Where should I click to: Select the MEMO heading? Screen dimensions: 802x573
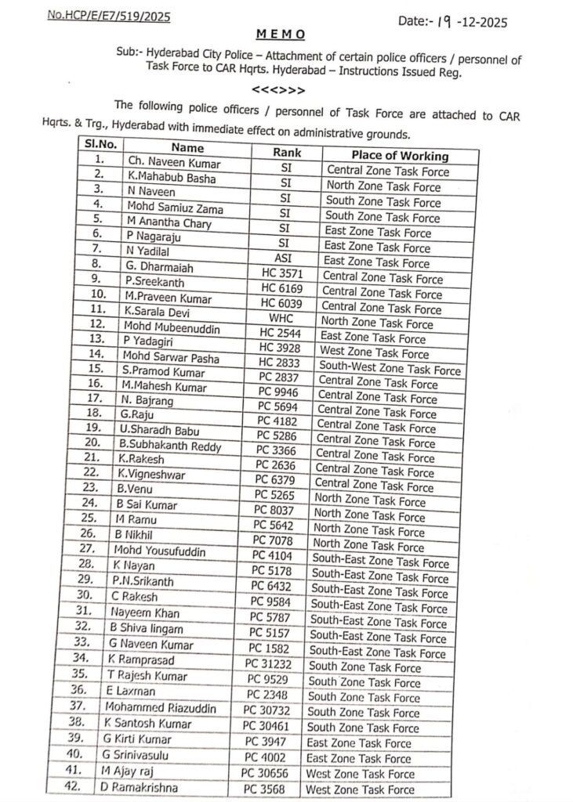pyautogui.click(x=281, y=35)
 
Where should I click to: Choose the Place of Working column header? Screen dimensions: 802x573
pyautogui.click(x=399, y=155)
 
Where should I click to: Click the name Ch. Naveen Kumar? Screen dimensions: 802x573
pyautogui.click(x=175, y=163)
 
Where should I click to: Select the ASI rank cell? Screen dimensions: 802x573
pyautogui.click(x=285, y=258)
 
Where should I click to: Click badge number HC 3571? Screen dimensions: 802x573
pyautogui.click(x=281, y=274)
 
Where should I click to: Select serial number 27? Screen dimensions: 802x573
pyautogui.click(x=93, y=549)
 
